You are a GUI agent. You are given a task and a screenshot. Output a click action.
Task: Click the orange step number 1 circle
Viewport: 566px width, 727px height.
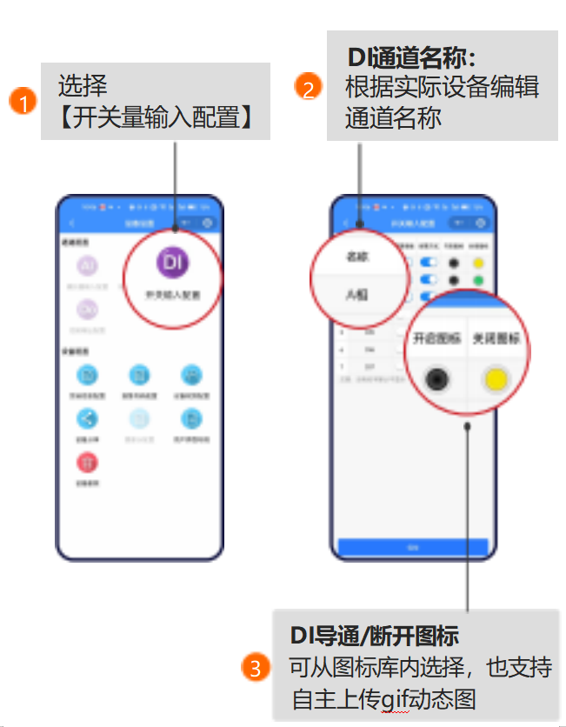pos(23,102)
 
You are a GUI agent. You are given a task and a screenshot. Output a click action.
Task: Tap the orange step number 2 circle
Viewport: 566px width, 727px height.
pos(306,88)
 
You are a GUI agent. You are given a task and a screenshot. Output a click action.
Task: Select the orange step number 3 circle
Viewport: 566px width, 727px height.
pos(255,668)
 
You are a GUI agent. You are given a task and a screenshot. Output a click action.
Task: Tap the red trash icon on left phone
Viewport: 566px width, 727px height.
pos(89,462)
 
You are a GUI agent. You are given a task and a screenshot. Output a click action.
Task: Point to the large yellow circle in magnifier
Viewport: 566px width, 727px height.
pos(496,380)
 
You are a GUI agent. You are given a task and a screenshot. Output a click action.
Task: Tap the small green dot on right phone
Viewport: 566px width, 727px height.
pos(478,280)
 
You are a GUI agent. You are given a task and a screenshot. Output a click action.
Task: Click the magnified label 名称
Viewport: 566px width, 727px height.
pos(357,257)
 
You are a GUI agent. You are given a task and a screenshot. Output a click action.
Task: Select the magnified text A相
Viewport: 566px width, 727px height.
pos(356,295)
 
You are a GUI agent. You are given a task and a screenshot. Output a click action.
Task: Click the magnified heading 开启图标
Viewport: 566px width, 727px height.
pos(435,339)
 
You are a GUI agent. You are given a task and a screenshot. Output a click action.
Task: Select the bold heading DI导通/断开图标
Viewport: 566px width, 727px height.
pos(375,635)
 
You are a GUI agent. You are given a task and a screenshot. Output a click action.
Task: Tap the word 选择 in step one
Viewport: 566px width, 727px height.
pos(83,86)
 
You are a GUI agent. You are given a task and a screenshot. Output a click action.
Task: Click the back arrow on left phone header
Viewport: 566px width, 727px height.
pos(72,223)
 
